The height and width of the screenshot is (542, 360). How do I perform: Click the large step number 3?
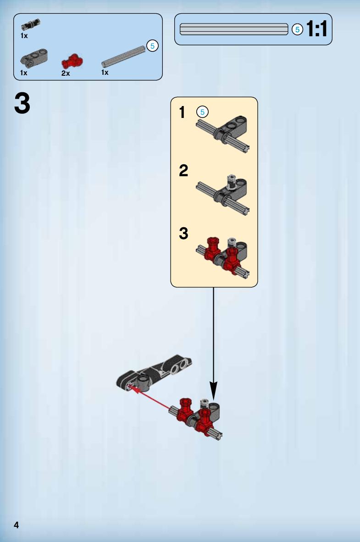point(22,103)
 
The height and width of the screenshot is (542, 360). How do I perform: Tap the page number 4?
point(16,525)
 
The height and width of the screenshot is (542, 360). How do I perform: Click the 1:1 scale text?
point(316,29)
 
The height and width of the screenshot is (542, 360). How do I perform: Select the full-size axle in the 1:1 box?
point(234,29)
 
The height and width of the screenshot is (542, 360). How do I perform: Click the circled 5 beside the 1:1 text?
point(297,29)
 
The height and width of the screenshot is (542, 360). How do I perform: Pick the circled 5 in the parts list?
point(152,45)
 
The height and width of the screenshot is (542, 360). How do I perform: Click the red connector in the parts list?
point(72,61)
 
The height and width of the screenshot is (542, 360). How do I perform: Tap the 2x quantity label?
point(66,73)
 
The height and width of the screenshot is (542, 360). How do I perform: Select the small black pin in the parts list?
point(30,24)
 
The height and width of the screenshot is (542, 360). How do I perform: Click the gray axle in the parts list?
point(123,56)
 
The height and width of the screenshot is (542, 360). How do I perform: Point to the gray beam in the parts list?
point(34,58)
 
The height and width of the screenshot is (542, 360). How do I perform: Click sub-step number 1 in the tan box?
point(182,112)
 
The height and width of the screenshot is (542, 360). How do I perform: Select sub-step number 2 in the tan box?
point(183,170)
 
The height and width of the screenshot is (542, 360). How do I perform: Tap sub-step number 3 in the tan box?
point(183,233)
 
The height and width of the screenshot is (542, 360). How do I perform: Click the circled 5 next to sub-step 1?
point(202,112)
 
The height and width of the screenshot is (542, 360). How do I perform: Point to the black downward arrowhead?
point(214,391)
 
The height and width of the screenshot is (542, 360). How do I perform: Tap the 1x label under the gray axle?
point(105,73)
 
